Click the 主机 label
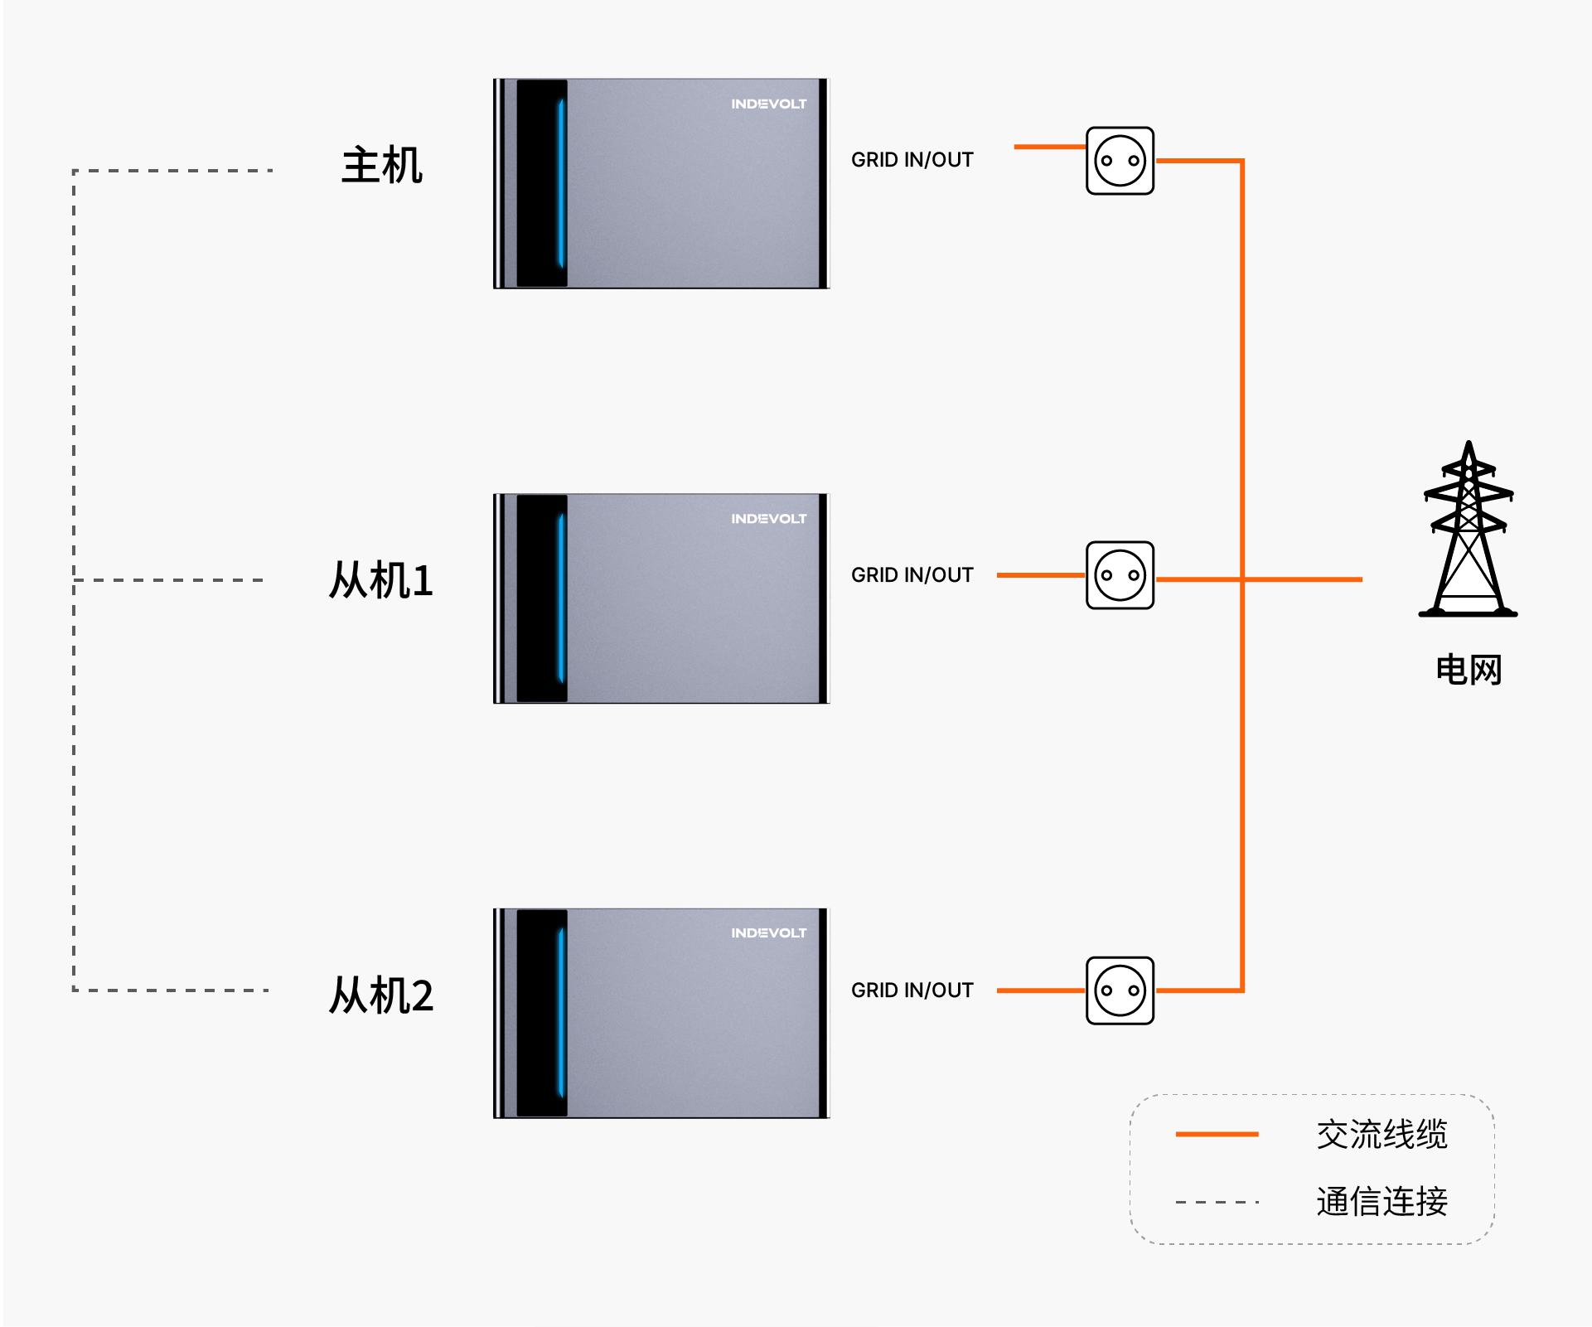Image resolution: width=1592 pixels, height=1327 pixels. click(x=382, y=165)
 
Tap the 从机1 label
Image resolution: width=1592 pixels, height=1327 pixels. click(x=381, y=579)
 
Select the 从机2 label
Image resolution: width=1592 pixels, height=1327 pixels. click(x=381, y=995)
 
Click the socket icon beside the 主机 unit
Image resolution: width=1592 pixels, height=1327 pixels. click(x=1120, y=161)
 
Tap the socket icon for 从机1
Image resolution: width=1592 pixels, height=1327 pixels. click(x=1120, y=575)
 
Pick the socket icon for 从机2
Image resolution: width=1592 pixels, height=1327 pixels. click(x=1120, y=990)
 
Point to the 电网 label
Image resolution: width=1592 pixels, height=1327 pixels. click(x=1469, y=669)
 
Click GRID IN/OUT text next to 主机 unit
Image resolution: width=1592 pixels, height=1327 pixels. click(x=912, y=160)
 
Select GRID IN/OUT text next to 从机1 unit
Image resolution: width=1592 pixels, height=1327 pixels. click(x=912, y=575)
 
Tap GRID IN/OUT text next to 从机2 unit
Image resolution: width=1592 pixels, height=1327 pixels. click(x=912, y=990)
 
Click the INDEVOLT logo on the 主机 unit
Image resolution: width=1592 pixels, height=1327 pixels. click(x=768, y=104)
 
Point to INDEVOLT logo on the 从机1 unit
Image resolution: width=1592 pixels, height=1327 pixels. click(x=768, y=519)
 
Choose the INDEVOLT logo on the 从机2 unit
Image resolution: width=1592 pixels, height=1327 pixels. click(x=768, y=933)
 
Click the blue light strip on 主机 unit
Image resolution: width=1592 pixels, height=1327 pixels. click(x=561, y=183)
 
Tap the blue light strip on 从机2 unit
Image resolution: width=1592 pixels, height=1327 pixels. click(x=561, y=1013)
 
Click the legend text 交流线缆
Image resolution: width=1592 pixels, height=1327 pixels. click(x=1382, y=1134)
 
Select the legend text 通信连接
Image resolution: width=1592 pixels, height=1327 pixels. click(x=1382, y=1201)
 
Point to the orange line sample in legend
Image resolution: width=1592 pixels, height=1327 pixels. click(x=1217, y=1134)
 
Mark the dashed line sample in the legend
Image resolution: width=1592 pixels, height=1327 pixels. click(x=1217, y=1202)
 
